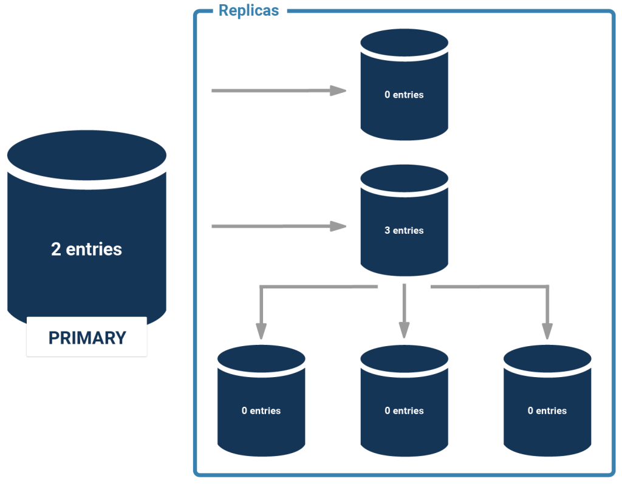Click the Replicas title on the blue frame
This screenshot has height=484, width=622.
[248, 11]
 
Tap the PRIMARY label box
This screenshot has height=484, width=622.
[87, 337]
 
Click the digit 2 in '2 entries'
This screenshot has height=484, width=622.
[56, 249]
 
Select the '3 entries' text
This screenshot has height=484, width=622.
[404, 231]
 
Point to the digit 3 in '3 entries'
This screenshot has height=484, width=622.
[387, 231]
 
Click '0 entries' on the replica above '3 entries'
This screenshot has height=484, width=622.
[404, 95]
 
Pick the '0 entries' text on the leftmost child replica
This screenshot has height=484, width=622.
[261, 411]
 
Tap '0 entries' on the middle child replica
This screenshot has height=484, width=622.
[404, 411]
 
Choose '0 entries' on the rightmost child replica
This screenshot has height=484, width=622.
[547, 411]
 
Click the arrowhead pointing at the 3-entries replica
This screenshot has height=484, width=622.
[338, 226]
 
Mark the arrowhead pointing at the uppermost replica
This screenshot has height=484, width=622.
[338, 90]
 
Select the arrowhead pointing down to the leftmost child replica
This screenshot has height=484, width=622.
[261, 331]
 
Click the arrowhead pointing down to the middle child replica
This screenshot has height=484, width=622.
[404, 330]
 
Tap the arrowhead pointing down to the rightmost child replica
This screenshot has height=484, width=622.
[547, 331]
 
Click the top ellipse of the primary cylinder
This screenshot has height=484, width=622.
[87, 155]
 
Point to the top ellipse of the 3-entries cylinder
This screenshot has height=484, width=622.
[404, 178]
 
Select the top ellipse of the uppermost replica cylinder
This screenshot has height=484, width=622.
[404, 43]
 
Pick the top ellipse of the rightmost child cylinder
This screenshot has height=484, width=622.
[547, 359]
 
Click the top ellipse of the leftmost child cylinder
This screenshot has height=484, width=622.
[261, 359]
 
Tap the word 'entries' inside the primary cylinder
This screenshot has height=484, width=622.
[94, 249]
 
